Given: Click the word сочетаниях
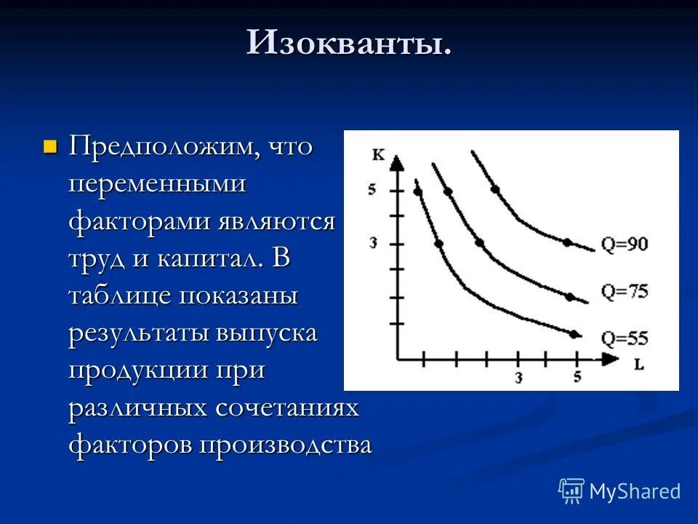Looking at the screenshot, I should pos(286,408).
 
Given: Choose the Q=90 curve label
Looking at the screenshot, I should pos(624,244).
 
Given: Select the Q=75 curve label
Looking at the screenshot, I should pos(624,292).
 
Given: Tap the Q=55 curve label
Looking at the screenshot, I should pos(624,338).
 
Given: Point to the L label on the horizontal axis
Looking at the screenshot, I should pos(638,365).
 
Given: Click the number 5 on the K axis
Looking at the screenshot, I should pos(372,191).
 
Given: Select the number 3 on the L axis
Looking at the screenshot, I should pos(518,377).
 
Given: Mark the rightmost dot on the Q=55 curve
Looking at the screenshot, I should pos(574,334).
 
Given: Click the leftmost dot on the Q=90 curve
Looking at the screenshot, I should pos(495,189).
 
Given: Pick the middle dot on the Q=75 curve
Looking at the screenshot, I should pos(479,242).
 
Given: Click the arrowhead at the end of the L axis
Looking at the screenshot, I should pos(610,359).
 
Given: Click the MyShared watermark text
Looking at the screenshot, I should pos(634,491).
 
